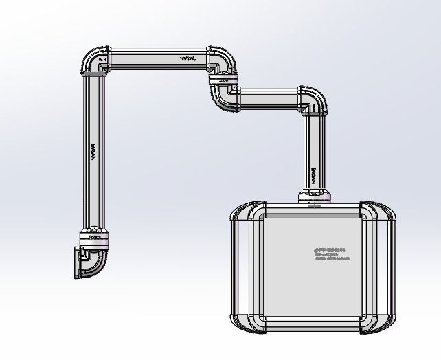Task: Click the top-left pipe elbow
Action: click(x=94, y=60)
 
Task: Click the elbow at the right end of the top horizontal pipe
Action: click(x=222, y=60)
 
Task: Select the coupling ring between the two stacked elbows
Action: click(x=222, y=82)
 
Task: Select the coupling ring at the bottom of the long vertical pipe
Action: click(x=94, y=236)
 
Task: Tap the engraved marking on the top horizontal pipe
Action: click(x=188, y=59)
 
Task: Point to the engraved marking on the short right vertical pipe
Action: click(x=314, y=173)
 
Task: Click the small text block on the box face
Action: click(x=332, y=254)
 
